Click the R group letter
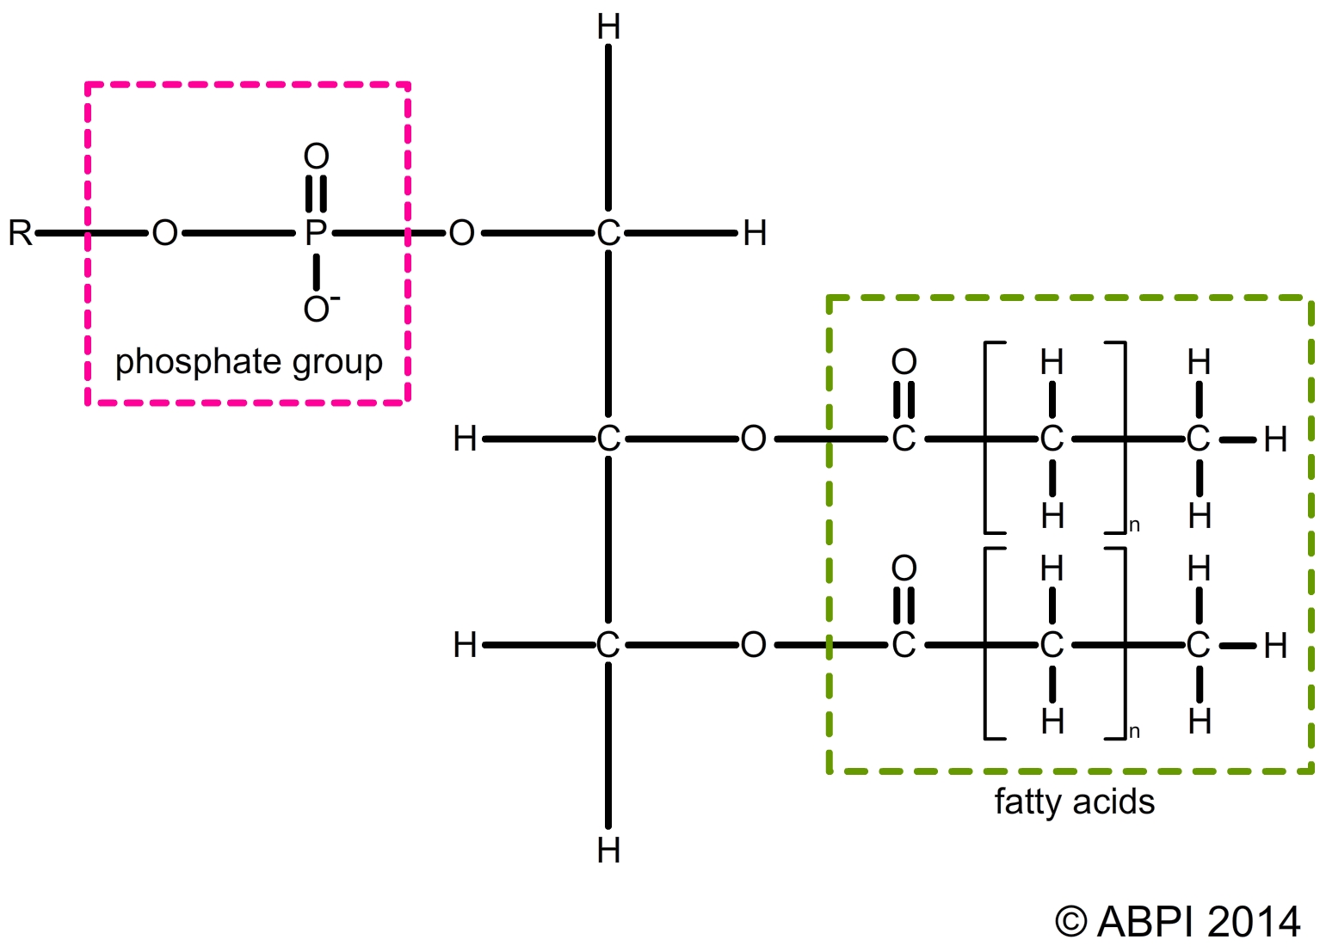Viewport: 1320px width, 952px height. [x=20, y=233]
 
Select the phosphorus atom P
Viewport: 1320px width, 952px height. [x=316, y=233]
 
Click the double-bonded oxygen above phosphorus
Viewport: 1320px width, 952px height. [x=317, y=157]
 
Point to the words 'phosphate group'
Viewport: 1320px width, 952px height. [x=249, y=362]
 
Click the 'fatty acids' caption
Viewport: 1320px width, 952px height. [x=1074, y=802]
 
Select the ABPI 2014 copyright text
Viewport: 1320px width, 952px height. [x=1177, y=922]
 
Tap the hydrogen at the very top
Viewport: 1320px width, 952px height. [x=608, y=28]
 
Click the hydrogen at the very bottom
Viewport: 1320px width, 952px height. [x=608, y=851]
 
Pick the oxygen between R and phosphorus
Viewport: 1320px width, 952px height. [x=164, y=233]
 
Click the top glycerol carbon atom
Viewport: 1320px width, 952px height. [x=608, y=233]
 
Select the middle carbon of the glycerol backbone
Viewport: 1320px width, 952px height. [x=608, y=439]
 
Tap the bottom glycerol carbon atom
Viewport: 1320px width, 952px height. [x=608, y=645]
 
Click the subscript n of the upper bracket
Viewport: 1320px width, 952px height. [x=1134, y=525]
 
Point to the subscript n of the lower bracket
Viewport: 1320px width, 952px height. [x=1134, y=732]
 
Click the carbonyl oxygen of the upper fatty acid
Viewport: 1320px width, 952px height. [x=904, y=362]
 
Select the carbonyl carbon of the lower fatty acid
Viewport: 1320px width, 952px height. [x=904, y=645]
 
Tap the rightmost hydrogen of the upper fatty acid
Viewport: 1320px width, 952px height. [x=1275, y=440]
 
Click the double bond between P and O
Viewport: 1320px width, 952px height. [x=317, y=193]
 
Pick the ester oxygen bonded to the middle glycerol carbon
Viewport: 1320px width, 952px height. [x=753, y=439]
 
